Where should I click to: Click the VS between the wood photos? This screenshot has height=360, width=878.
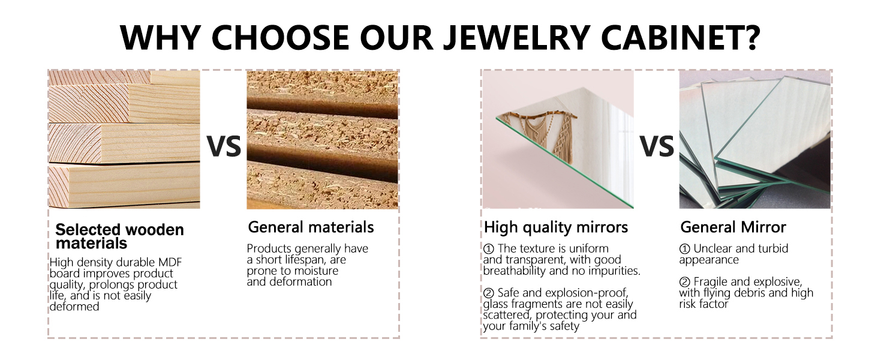(x=224, y=146)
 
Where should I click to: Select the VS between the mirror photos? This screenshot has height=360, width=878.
(x=657, y=146)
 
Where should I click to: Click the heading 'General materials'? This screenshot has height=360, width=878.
(x=311, y=227)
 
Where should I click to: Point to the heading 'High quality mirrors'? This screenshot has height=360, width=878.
(x=556, y=227)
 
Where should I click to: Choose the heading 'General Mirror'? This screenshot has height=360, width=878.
(x=733, y=227)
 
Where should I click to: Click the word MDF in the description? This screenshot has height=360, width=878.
(x=170, y=262)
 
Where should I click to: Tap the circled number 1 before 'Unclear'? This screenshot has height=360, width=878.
(x=684, y=248)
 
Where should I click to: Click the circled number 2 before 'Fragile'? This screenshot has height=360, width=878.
(x=684, y=282)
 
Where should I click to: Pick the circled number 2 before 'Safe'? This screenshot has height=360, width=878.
(x=488, y=293)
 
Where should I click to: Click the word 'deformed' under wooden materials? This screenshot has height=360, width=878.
(x=74, y=306)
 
